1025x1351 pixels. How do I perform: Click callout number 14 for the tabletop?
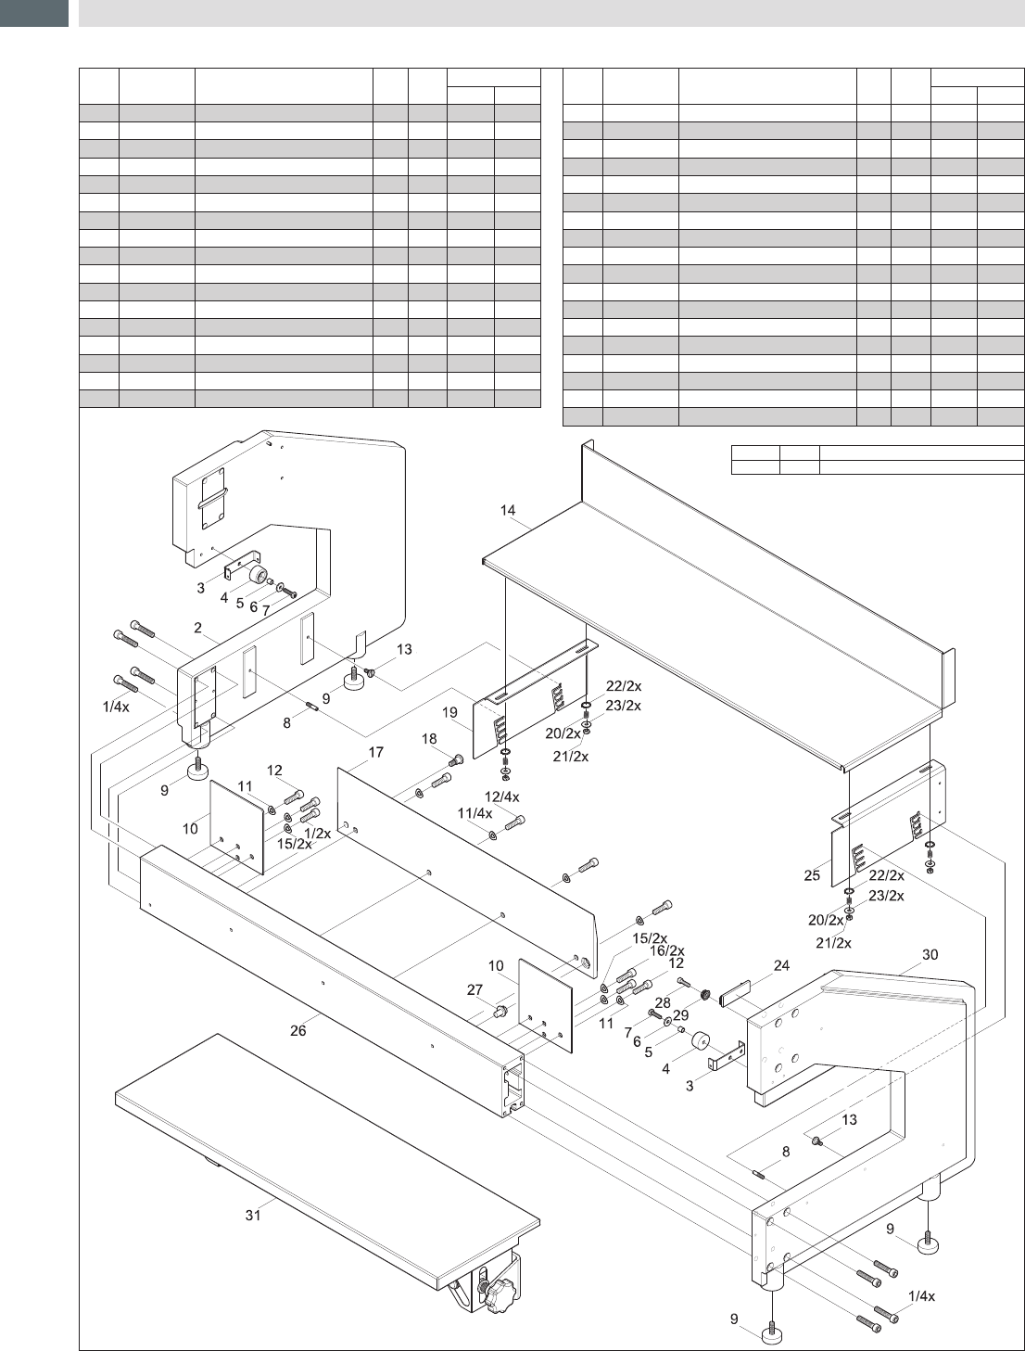click(508, 510)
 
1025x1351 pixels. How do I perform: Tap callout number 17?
click(375, 752)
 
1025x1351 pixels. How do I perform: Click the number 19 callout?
click(449, 712)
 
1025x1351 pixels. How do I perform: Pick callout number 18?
click(429, 739)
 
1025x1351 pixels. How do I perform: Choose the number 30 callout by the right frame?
click(930, 955)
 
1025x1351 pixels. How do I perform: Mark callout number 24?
click(781, 965)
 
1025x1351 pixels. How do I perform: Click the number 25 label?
click(812, 875)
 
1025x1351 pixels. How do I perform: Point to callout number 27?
click(475, 989)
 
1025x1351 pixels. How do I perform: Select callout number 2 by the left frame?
click(197, 628)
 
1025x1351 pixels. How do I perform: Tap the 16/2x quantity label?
click(666, 951)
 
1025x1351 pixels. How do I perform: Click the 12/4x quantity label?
click(501, 797)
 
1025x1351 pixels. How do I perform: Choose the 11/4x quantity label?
click(475, 813)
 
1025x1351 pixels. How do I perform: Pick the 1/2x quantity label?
click(317, 834)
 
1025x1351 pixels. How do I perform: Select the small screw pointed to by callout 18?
click(457, 760)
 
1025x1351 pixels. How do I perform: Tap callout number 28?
click(663, 1002)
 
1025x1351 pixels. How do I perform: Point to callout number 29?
click(680, 1015)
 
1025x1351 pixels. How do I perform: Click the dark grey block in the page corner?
click(33, 13)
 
